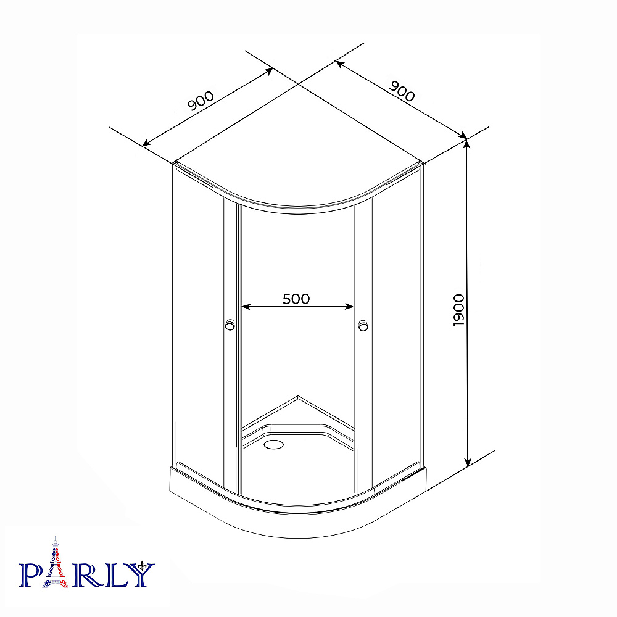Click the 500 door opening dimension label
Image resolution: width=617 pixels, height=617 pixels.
click(296, 299)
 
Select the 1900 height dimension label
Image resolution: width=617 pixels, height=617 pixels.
click(458, 310)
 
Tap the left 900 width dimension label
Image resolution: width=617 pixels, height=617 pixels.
click(201, 101)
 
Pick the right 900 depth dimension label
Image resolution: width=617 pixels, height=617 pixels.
click(402, 91)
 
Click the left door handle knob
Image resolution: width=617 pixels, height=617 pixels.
click(230, 325)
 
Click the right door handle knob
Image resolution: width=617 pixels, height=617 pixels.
click(363, 325)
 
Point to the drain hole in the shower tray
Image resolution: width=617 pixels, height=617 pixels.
click(273, 444)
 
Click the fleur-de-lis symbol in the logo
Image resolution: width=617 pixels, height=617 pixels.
click(143, 567)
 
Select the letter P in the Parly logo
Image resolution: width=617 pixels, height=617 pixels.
click(30, 575)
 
